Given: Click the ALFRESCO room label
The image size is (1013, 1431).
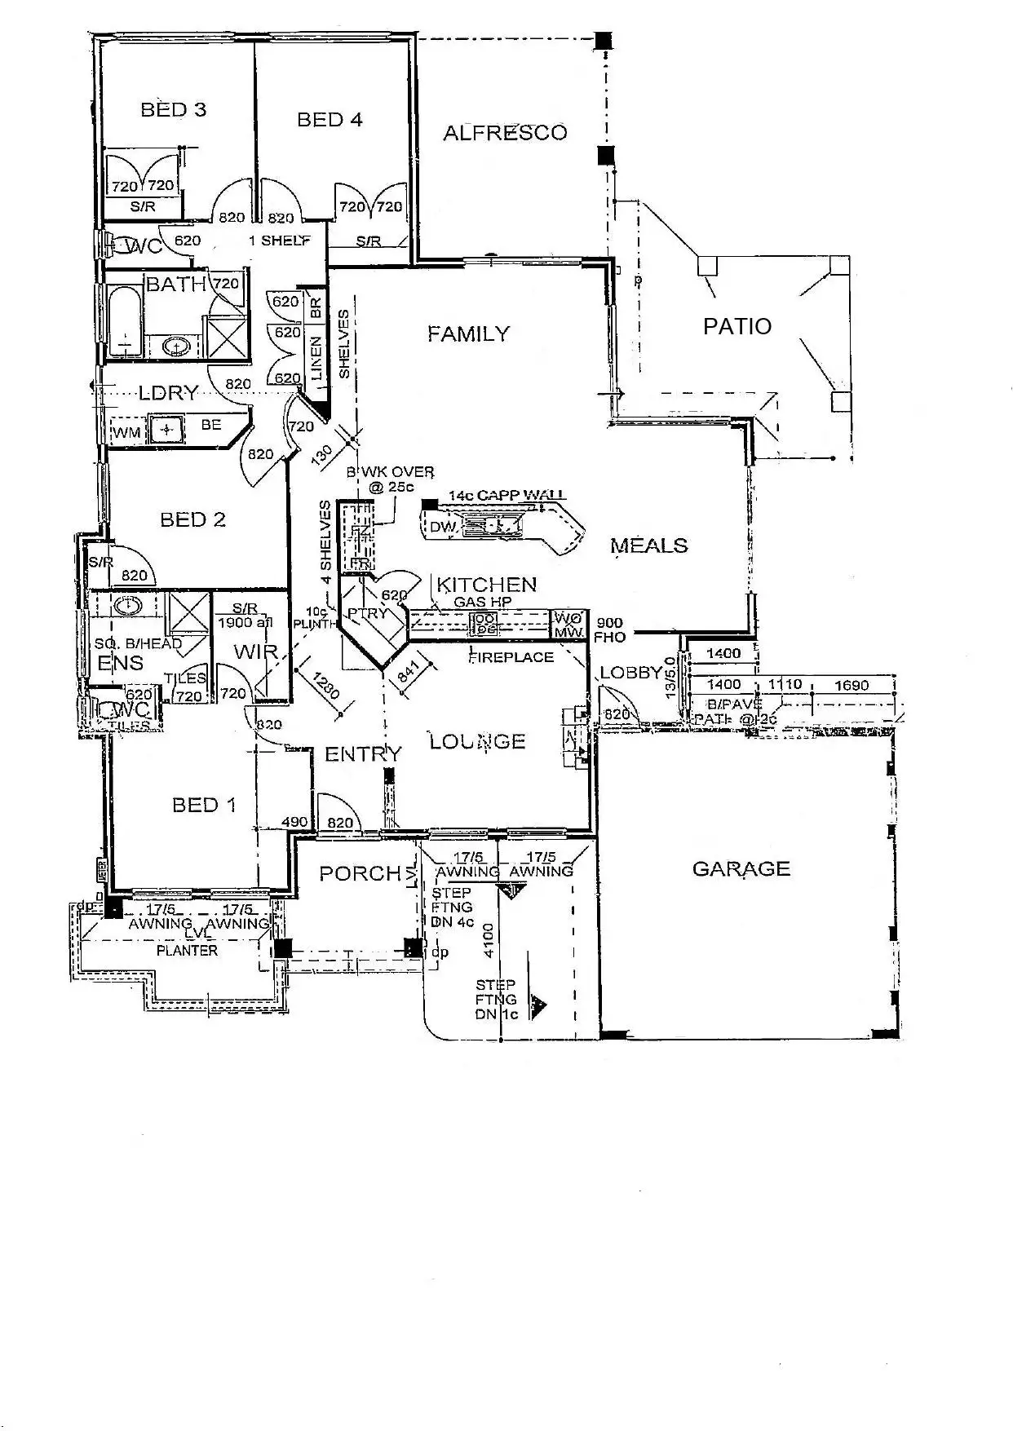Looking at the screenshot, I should point(505,133).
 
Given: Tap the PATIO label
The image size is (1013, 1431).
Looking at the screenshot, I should point(737,327).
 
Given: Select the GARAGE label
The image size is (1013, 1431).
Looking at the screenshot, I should point(741,869).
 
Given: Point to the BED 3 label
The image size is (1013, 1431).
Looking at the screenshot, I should point(174,109).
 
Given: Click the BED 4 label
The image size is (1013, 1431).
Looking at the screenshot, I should point(330,120).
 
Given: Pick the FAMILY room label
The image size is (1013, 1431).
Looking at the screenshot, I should point(468,333).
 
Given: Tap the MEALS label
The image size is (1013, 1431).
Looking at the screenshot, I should point(649,545).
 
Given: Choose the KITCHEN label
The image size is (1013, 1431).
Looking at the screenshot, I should point(487,585).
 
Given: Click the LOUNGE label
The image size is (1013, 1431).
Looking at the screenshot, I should point(478,741).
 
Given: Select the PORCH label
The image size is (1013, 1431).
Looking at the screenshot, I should point(361,874).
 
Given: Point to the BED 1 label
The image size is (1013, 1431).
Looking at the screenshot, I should point(204,806).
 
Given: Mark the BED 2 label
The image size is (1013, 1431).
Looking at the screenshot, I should point(193,519).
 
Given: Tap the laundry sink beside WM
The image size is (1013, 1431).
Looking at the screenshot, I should point(167,429).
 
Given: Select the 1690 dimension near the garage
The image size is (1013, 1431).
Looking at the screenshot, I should point(852,686).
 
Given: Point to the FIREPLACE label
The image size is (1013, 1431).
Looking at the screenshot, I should point(511,657).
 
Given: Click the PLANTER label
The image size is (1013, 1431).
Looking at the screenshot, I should point(187,951).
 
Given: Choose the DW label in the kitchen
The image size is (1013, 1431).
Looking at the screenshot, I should point(443,528).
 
